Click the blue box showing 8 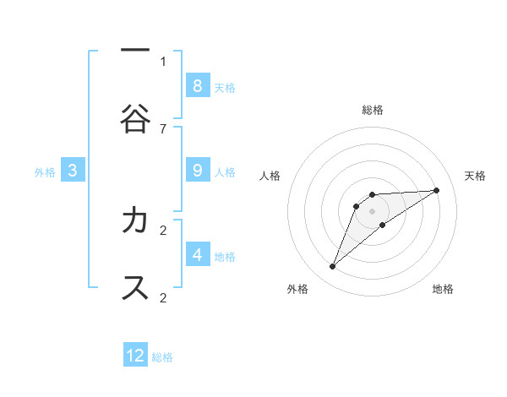(x=197, y=85)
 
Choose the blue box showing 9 (x=197, y=170)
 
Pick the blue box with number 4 (x=197, y=254)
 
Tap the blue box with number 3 (x=73, y=171)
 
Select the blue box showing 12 (x=135, y=356)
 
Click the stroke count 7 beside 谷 (x=163, y=128)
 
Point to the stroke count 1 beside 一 (x=163, y=61)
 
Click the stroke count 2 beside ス (x=163, y=297)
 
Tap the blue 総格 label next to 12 (x=163, y=357)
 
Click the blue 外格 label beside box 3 (x=45, y=172)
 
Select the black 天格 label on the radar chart (x=475, y=176)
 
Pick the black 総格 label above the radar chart (x=373, y=110)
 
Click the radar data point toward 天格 (x=437, y=190)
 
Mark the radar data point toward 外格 (x=333, y=267)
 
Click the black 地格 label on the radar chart (x=443, y=289)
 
